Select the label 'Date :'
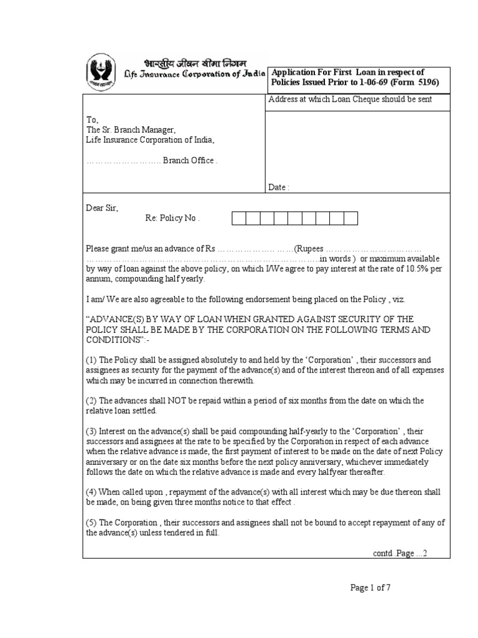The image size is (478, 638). click(x=279, y=187)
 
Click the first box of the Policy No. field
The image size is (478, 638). click(x=239, y=218)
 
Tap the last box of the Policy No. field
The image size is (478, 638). click(x=351, y=218)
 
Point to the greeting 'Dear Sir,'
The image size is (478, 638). click(x=101, y=207)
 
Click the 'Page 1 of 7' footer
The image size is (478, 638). click(x=370, y=587)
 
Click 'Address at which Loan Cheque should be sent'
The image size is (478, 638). click(x=350, y=100)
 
